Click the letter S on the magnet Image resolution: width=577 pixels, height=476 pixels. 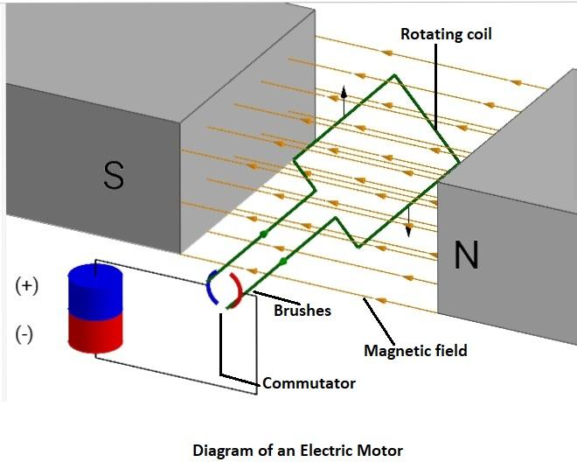(114, 175)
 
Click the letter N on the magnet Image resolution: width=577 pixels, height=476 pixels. (466, 255)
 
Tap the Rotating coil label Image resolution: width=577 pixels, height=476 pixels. (446, 35)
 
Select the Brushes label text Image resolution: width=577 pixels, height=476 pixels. (302, 310)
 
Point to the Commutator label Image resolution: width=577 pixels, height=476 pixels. (309, 383)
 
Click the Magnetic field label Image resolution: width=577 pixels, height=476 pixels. (415, 351)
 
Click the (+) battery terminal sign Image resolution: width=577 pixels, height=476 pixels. (24, 286)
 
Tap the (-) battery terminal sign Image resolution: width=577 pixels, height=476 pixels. (24, 334)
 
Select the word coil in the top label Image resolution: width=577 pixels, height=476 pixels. (478, 35)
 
